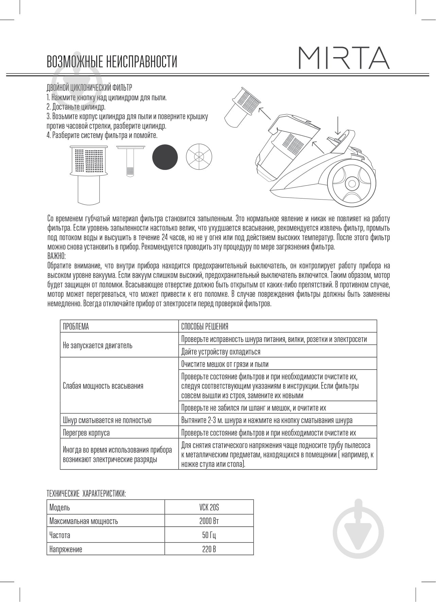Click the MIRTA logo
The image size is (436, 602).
click(x=344, y=58)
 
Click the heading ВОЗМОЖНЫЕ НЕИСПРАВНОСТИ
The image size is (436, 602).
click(x=112, y=62)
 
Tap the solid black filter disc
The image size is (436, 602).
click(x=165, y=157)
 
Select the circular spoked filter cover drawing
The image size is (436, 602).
click(x=199, y=157)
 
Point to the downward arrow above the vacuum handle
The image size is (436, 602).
click(x=337, y=126)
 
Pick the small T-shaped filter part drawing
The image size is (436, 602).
click(x=129, y=159)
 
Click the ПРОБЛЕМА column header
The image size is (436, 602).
click(x=76, y=327)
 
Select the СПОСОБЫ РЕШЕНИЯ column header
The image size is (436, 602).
click(x=205, y=327)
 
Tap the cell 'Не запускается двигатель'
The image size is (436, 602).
click(x=98, y=345)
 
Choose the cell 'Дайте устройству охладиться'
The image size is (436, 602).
click(x=221, y=351)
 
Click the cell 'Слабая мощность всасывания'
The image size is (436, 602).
click(x=103, y=386)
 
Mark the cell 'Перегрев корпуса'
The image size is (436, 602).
click(x=86, y=433)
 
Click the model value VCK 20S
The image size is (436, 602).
click(x=209, y=508)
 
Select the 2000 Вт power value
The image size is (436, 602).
click(x=209, y=521)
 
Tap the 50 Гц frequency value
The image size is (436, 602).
click(x=209, y=535)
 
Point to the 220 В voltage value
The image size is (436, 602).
click(x=209, y=549)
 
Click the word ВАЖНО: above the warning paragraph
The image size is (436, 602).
click(x=56, y=256)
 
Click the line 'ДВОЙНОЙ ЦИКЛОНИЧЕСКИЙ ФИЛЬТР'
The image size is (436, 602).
click(x=89, y=88)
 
